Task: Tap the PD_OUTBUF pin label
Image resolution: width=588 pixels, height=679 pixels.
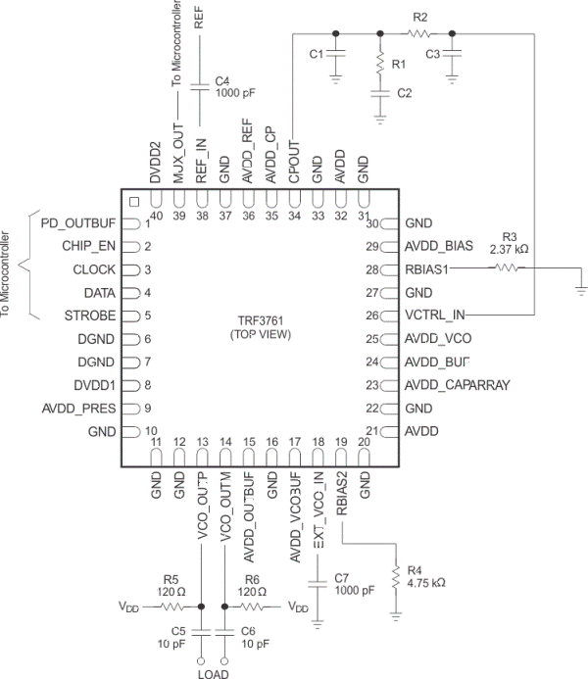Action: pos(79,223)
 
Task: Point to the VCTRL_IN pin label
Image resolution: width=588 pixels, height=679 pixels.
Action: pos(437,315)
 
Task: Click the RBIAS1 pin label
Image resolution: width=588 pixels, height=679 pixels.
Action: pos(430,269)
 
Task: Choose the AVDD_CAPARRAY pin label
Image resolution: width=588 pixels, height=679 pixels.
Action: pos(457,385)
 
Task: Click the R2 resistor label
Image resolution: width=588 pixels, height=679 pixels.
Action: pos(420,18)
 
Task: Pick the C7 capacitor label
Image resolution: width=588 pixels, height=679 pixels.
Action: pos(342,578)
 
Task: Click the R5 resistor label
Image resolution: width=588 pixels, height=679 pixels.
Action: pos(172,578)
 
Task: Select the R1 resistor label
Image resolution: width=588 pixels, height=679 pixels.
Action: pos(398,64)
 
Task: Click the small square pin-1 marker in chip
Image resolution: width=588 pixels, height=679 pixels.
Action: pos(133,203)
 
